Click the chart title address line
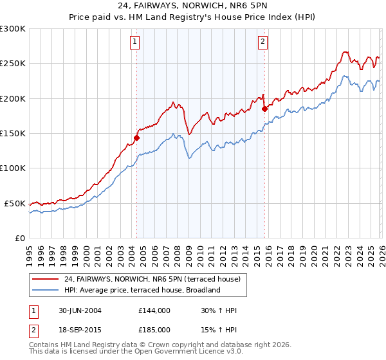coord(193,6)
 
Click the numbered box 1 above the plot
coord(135,42)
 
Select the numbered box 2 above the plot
coord(264,42)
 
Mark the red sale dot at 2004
coord(136,138)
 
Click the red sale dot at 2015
coord(264,109)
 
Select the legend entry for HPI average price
coord(142,290)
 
